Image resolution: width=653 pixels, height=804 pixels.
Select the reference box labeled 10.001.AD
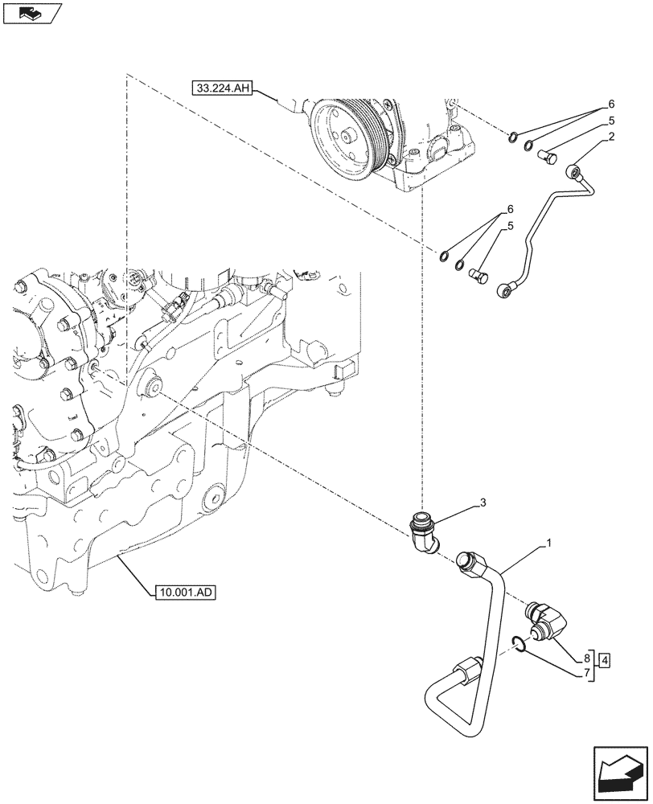tap(183, 593)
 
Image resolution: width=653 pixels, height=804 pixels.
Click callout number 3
tap(483, 503)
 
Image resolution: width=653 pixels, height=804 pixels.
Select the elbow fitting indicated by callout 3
tap(425, 533)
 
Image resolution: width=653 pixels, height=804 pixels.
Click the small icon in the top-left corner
tap(31, 13)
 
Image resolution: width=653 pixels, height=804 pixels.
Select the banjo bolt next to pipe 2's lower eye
tap(478, 276)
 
